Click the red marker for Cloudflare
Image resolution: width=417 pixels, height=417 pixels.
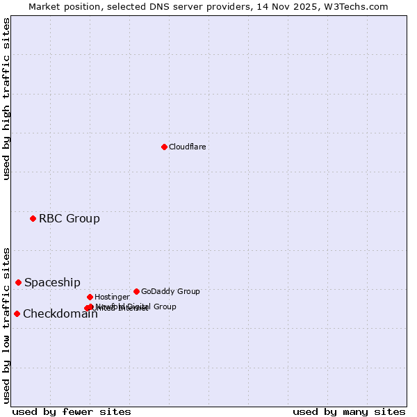pyautogui.click(x=164, y=147)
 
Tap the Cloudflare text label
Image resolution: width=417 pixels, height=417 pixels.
pyautogui.click(x=187, y=147)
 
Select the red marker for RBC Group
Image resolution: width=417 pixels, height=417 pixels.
pyautogui.click(x=33, y=218)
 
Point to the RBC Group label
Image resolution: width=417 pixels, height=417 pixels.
pyautogui.click(x=69, y=218)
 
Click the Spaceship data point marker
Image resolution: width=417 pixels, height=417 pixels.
pyautogui.click(x=18, y=282)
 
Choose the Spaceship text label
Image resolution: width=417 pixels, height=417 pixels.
pyautogui.click(x=52, y=282)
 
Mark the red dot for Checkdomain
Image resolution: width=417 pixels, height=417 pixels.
pyautogui.click(x=17, y=313)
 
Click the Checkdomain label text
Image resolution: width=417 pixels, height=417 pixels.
pyautogui.click(x=60, y=313)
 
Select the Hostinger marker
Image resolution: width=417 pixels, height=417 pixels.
pyautogui.click(x=90, y=297)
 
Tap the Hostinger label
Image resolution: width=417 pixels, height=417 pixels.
pyautogui.click(x=112, y=297)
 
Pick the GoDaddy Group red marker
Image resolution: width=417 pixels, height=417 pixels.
pyautogui.click(x=136, y=291)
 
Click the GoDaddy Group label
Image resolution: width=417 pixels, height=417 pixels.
pyautogui.click(x=170, y=291)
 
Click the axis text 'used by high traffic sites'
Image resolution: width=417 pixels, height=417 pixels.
pyautogui.click(x=6, y=99)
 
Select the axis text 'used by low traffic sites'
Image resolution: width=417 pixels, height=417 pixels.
pyautogui.click(x=6, y=325)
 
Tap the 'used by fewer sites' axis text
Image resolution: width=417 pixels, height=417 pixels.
pyautogui.click(x=72, y=411)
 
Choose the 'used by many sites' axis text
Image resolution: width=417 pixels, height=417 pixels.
pyautogui.click(x=349, y=411)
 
